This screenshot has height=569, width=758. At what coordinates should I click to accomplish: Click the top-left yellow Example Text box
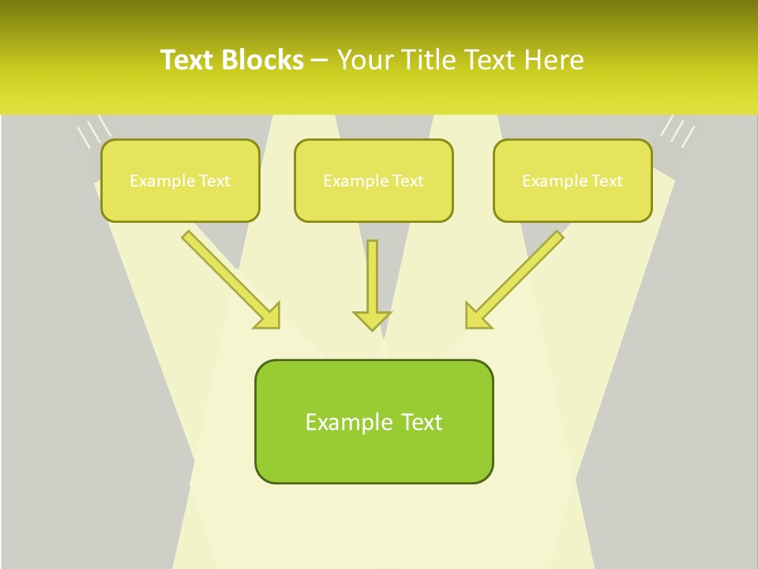coord(180,180)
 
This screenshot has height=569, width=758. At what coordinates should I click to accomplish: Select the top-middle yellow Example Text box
coord(373,180)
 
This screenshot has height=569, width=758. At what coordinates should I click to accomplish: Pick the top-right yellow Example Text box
coord(572,180)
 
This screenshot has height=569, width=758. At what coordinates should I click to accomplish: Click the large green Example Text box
coord(373,421)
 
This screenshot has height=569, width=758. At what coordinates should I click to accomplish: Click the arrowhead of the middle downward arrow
coord(372,320)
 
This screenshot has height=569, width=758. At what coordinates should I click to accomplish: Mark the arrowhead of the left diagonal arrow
coord(268,316)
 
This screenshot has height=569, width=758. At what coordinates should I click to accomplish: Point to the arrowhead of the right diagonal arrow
coord(477,316)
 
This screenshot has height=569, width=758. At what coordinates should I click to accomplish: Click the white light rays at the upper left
coord(92,132)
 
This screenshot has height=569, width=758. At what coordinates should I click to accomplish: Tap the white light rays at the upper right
coord(677,130)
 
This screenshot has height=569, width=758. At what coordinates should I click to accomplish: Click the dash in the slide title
coord(320,60)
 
